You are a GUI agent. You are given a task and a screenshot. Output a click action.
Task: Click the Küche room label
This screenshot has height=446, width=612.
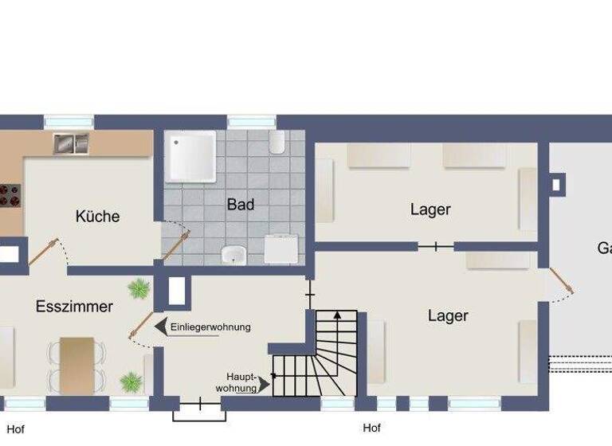[97, 216]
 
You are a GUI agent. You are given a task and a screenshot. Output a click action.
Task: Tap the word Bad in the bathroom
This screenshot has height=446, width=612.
[240, 205]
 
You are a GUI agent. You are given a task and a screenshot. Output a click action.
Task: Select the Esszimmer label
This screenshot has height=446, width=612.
[74, 307]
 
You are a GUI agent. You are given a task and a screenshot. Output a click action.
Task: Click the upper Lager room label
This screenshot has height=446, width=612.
[430, 210]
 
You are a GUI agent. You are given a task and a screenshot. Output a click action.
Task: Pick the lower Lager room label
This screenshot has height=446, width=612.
[448, 316]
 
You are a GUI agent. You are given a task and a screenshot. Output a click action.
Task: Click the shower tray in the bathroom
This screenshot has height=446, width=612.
[190, 157]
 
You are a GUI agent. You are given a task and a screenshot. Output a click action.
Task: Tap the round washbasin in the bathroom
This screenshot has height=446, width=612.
[233, 255]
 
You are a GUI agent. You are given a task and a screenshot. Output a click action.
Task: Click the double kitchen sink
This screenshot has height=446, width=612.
[71, 143]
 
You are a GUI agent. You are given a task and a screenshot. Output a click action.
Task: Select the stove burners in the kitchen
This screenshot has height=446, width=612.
[9, 195]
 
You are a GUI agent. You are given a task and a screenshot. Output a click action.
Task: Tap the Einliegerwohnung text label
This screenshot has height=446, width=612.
[210, 327]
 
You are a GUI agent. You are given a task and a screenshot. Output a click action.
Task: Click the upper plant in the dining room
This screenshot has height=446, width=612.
[139, 288]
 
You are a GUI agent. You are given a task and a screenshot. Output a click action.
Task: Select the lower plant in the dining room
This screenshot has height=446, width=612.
[130, 381]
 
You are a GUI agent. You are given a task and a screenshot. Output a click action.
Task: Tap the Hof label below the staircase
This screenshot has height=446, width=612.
[371, 428]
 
